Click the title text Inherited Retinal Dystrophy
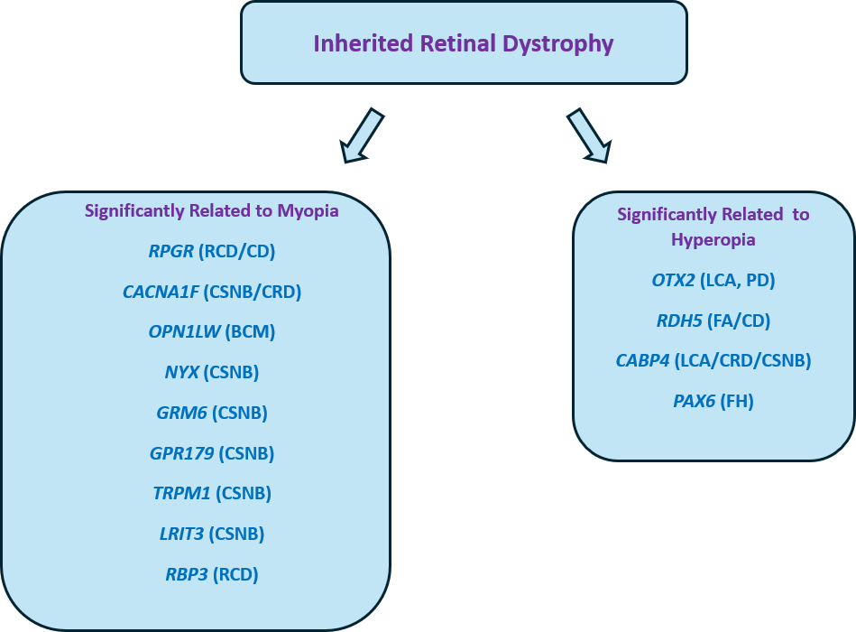(x=464, y=43)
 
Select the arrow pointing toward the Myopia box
(x=361, y=136)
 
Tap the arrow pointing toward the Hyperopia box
(x=589, y=136)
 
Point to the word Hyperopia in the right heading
(x=713, y=240)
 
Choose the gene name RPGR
(x=171, y=251)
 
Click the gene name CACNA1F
(x=161, y=292)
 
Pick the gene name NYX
(x=182, y=372)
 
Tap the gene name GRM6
(x=181, y=413)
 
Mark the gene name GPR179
(x=181, y=453)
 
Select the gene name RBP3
(x=186, y=574)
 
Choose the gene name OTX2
(x=674, y=281)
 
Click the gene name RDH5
(x=678, y=321)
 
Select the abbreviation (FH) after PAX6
(x=737, y=401)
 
